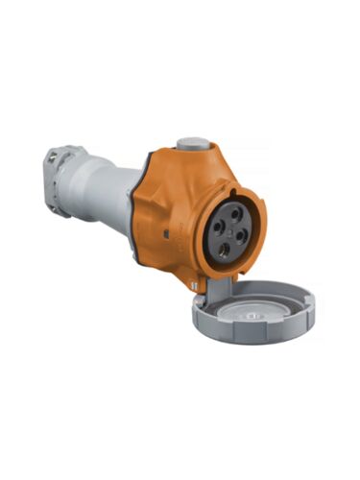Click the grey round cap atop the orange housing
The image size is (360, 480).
(195, 143)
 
